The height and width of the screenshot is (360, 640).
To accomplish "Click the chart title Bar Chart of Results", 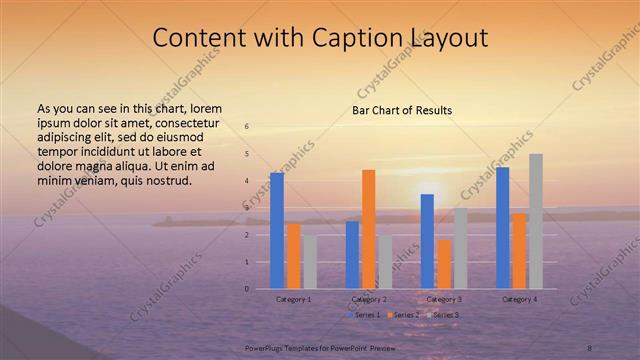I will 402,110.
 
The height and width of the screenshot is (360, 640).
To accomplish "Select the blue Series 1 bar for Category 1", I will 277,230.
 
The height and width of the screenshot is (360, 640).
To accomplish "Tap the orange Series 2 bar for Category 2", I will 368,229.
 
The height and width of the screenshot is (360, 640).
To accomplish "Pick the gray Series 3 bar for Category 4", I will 535,221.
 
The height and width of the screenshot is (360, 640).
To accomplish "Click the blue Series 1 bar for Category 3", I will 427,241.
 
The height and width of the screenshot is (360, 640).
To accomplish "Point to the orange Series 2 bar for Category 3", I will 443,264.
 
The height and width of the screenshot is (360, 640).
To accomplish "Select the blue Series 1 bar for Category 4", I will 502,228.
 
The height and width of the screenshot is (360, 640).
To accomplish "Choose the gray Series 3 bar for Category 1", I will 309,262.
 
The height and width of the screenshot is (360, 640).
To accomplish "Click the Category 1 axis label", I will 293,299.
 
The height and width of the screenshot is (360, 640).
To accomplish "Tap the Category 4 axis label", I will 519,299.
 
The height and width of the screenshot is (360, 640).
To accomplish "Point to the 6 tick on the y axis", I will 247,126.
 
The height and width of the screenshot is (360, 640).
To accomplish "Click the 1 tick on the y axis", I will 247,262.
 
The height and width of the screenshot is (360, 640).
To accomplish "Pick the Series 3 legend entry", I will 443,315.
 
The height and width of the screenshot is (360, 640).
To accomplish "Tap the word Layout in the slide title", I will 447,38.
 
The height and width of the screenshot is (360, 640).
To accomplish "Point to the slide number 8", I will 590,346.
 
